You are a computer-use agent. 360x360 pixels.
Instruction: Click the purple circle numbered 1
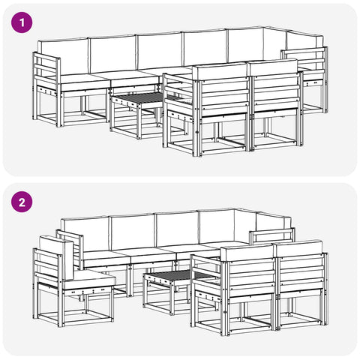coord(22,22)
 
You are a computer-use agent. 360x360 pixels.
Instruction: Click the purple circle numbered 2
coord(22,202)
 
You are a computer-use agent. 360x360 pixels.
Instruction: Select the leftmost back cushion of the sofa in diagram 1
coord(63,56)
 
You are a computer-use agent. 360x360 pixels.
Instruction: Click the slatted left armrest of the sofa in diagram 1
coord(46,71)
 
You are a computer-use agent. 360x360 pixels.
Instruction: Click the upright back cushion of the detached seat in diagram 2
coord(56,257)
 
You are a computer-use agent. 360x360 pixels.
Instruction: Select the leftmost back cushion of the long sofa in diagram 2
coord(85,235)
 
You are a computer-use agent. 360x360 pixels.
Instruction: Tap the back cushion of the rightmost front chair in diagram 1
coord(272,67)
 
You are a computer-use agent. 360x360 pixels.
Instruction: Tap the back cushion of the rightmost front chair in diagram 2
coord(298,248)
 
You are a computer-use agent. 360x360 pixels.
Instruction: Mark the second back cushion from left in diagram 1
coord(112,54)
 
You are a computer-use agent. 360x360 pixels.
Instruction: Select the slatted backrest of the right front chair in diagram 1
coord(276,94)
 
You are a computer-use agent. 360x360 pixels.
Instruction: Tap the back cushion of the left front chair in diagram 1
coord(220,72)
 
